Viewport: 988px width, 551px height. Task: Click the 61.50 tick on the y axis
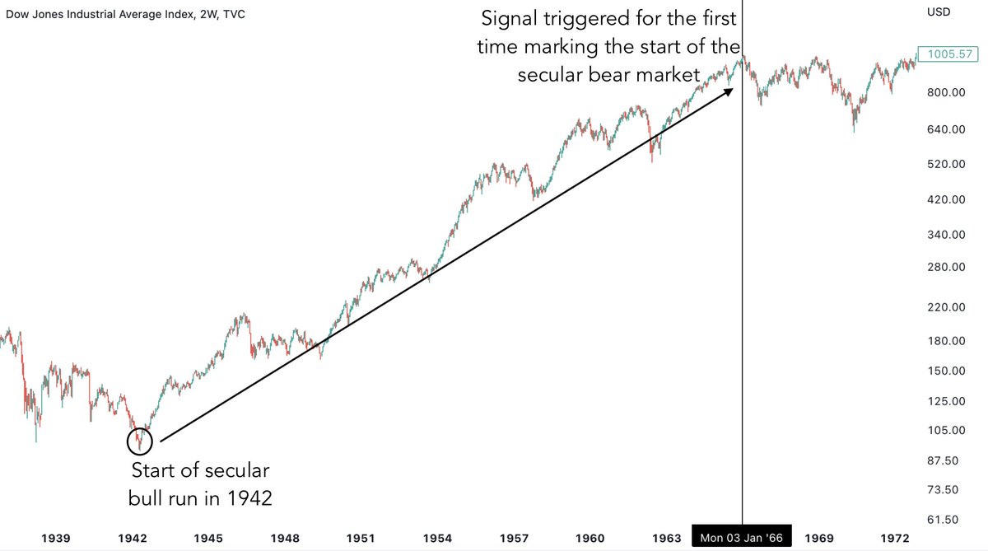pyautogui.click(x=945, y=520)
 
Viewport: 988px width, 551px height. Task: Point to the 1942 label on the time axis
pyautogui.click(x=132, y=538)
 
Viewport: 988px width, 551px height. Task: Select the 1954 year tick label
pyautogui.click(x=438, y=538)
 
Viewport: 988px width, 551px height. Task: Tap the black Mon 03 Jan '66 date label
pyautogui.click(x=742, y=538)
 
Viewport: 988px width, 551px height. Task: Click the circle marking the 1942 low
pyautogui.click(x=139, y=441)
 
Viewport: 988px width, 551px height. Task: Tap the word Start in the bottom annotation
pyautogui.click(x=153, y=472)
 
